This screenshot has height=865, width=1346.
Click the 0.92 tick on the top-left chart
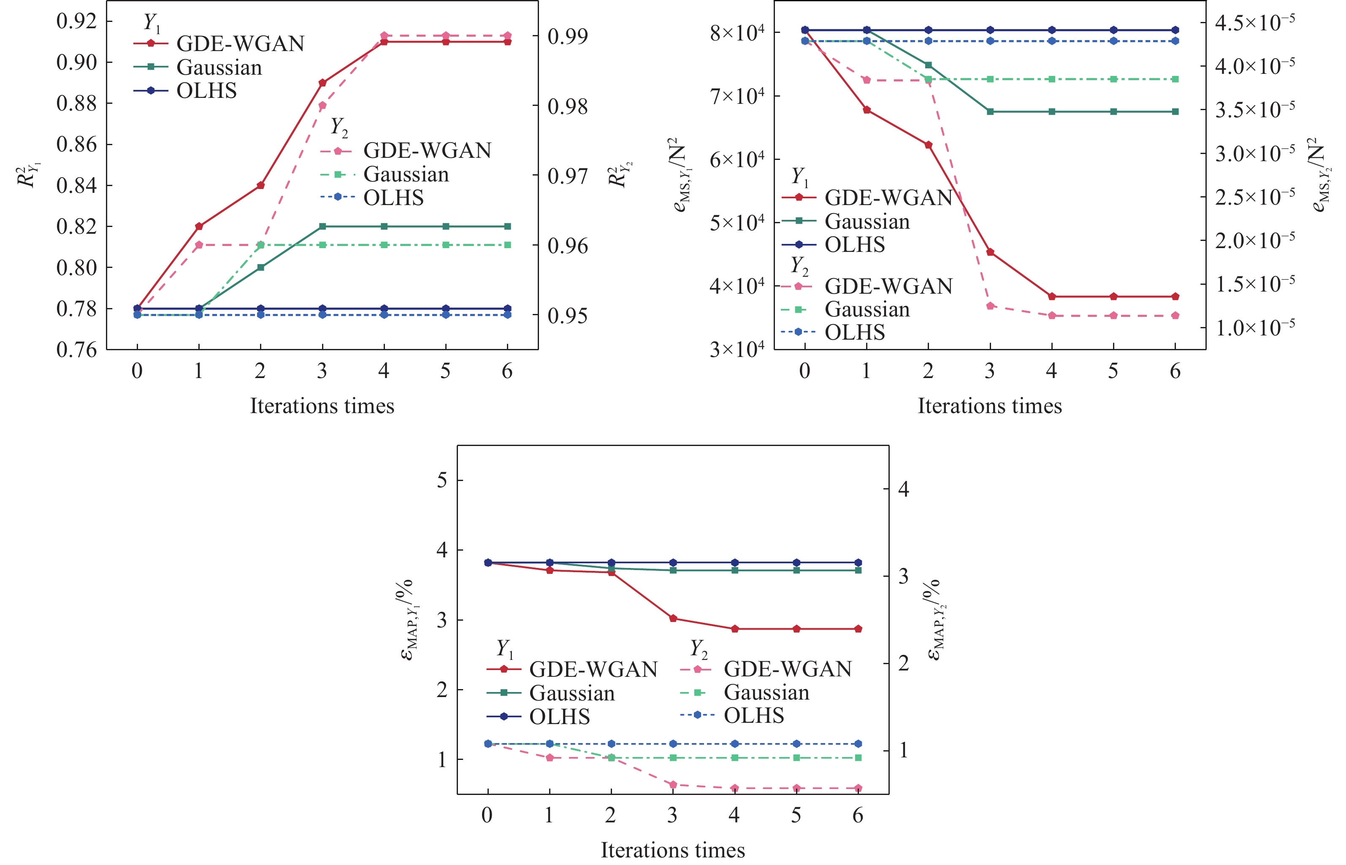click(x=76, y=22)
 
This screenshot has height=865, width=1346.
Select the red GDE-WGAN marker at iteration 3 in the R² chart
click(x=322, y=83)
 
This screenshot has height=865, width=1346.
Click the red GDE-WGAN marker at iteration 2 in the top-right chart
click(x=929, y=145)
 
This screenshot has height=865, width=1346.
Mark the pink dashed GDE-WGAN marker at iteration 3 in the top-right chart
click(x=990, y=306)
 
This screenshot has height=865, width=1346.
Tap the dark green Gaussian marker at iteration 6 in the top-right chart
click(x=1175, y=112)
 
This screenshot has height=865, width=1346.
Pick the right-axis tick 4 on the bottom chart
click(x=903, y=489)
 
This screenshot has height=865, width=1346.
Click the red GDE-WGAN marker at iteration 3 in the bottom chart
click(x=673, y=619)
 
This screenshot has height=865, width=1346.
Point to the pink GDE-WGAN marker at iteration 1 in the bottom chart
click(x=550, y=758)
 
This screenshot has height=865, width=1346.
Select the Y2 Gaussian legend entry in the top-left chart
click(x=406, y=175)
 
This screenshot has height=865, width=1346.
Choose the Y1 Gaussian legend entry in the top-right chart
click(x=867, y=221)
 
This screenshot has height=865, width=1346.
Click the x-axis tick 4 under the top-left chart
click(x=384, y=371)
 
